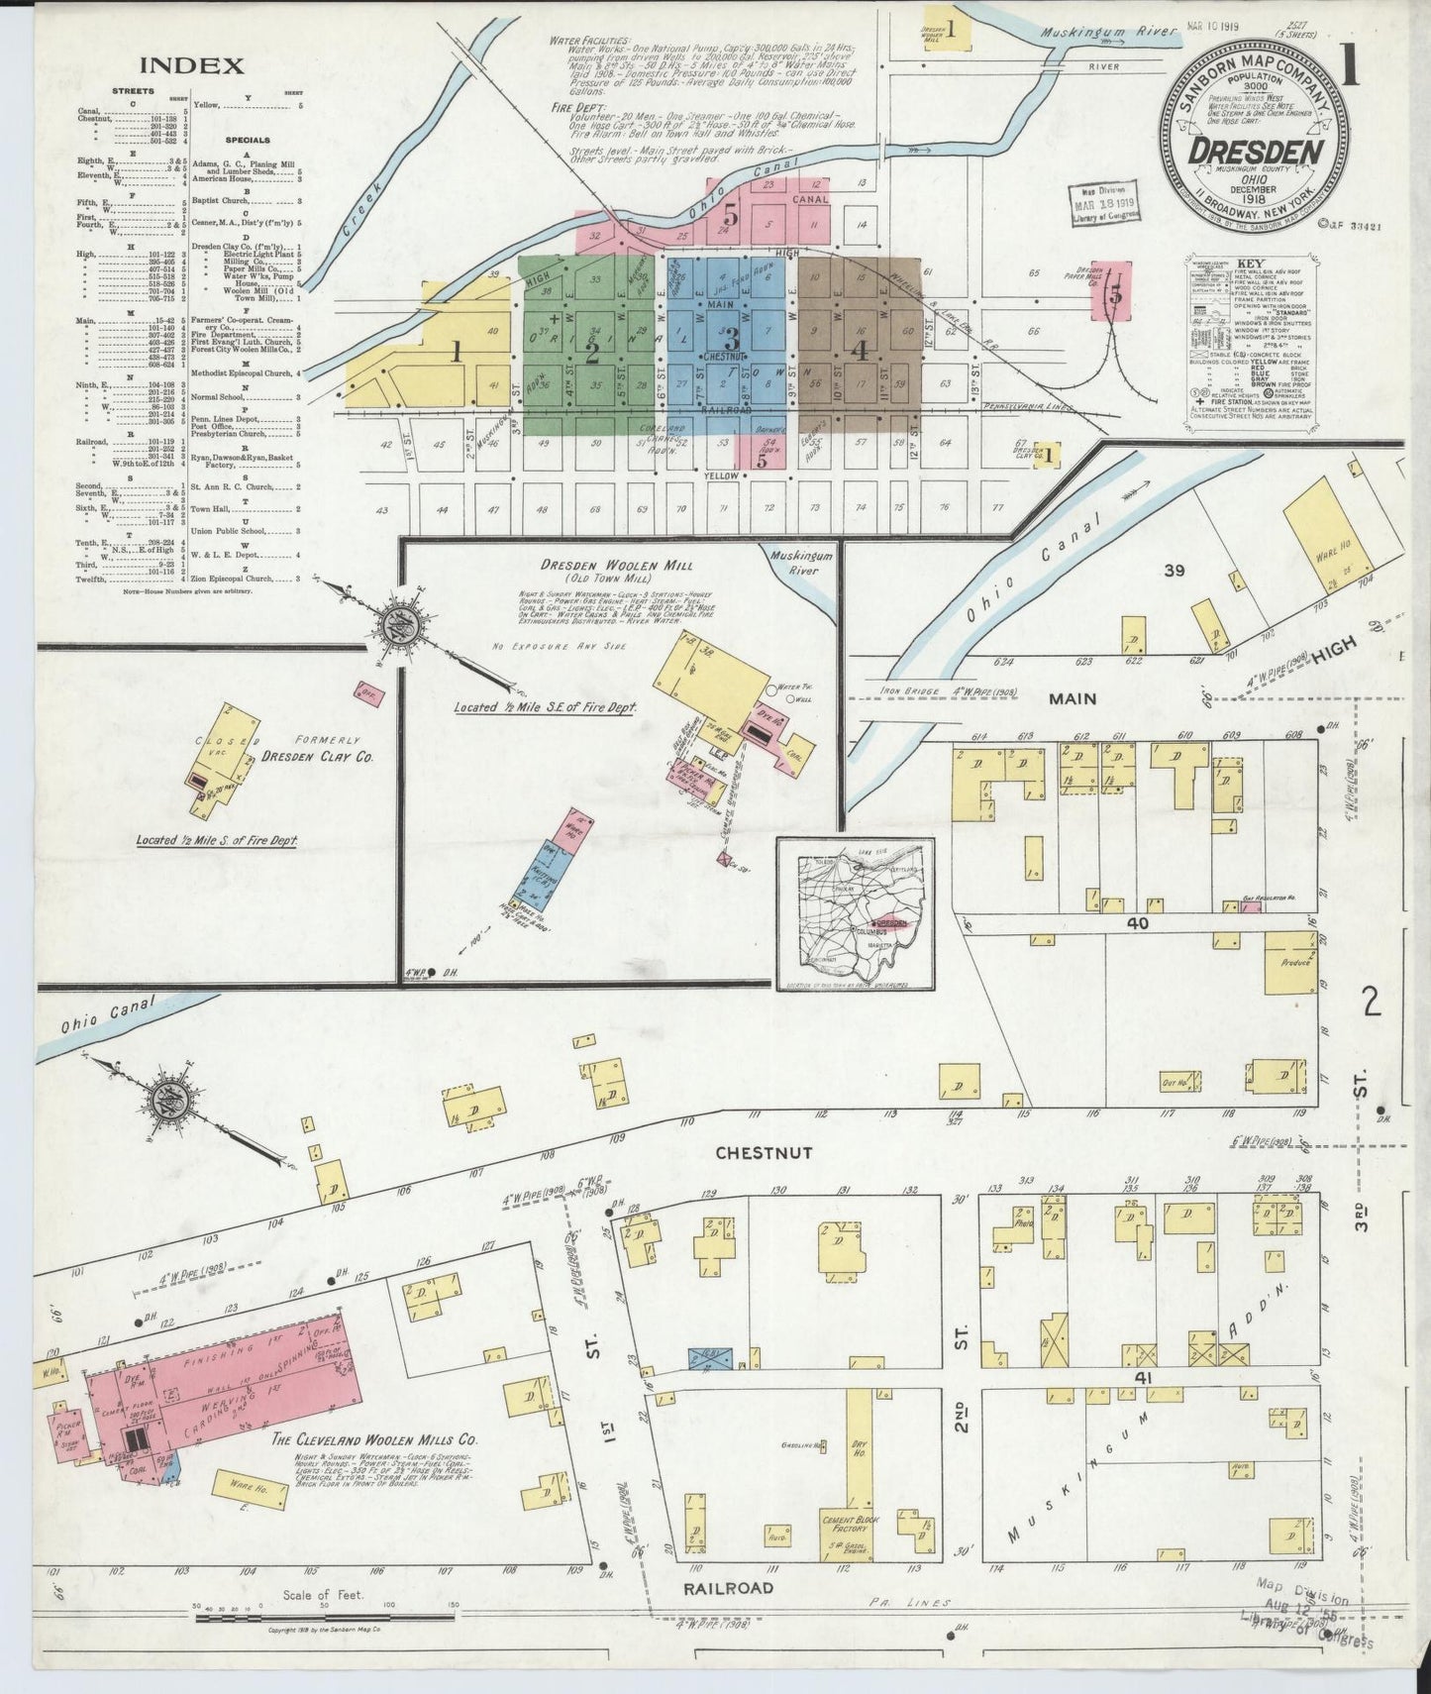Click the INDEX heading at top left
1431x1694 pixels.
click(x=191, y=66)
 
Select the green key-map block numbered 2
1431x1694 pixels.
click(x=592, y=347)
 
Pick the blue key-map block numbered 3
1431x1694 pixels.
click(x=731, y=335)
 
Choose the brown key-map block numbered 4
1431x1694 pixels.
click(x=860, y=349)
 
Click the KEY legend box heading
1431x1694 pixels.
click(x=1253, y=268)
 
